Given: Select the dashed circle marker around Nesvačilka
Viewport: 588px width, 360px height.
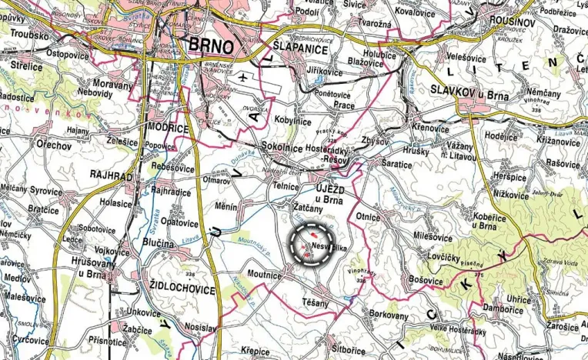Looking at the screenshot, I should pos(315,245).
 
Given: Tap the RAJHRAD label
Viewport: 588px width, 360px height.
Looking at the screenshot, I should pos(112,176).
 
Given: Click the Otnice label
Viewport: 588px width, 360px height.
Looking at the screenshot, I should pos(367,217).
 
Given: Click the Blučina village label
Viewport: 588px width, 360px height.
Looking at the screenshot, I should pos(158,243).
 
